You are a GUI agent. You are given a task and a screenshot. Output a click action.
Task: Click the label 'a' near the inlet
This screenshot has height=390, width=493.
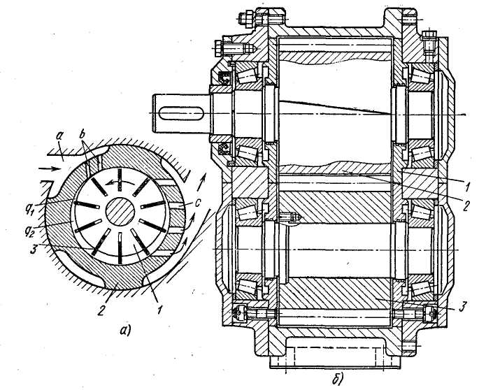(x=59, y=136)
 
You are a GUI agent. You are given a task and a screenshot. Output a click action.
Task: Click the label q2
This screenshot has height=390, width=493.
(x=32, y=221)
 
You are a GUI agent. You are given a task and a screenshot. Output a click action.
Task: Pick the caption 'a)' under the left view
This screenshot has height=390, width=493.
(x=124, y=331)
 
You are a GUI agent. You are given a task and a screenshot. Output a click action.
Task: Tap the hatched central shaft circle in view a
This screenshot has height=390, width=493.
(x=120, y=211)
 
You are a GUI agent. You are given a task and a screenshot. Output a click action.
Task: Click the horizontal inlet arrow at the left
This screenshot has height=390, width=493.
(x=50, y=169)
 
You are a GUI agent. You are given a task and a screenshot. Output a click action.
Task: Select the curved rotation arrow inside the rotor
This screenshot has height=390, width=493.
(x=120, y=182)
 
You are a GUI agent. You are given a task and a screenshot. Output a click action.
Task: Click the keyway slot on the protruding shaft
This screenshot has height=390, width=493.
(x=181, y=113)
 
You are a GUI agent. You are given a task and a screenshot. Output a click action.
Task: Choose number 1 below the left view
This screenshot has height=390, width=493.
(x=159, y=310)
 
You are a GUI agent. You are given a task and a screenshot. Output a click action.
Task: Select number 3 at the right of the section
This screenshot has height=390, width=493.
(x=462, y=306)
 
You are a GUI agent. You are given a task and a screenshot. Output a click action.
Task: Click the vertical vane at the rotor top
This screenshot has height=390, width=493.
(x=120, y=180)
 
